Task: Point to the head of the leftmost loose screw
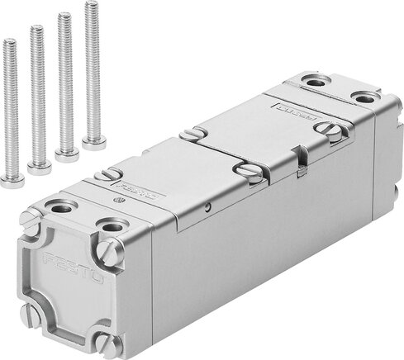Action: coord(12,181)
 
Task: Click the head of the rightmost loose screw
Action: coord(93,140)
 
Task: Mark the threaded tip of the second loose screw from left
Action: coord(36,30)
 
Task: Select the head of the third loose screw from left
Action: coord(66,154)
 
